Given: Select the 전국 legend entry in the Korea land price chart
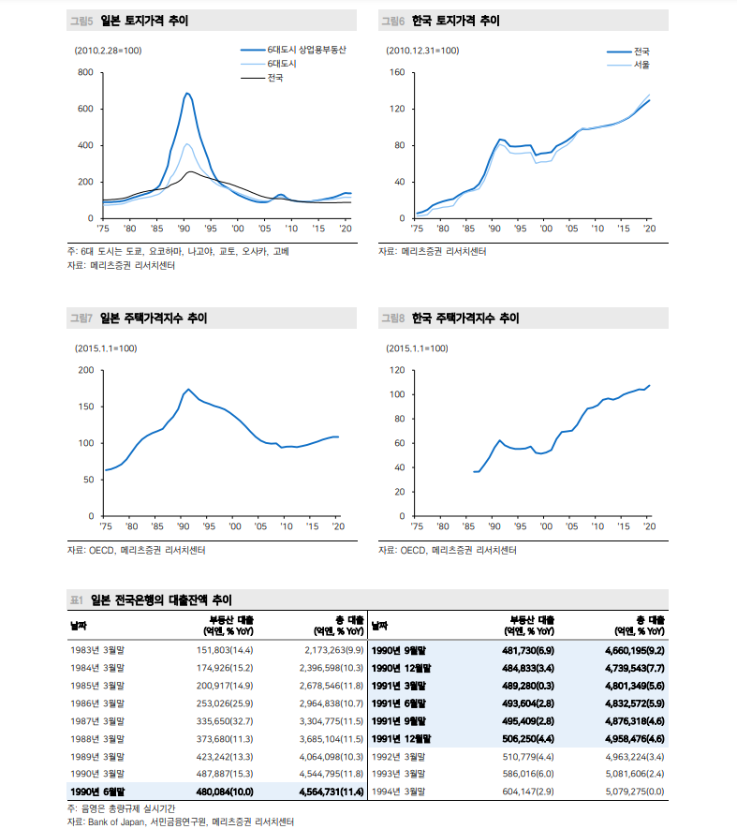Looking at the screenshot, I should click(641, 52).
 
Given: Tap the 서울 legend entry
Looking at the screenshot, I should click(641, 65).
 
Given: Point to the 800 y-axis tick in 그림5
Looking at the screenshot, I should click(84, 72).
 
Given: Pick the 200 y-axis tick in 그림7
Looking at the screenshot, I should click(84, 370).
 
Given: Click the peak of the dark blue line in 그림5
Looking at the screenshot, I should click(187, 94).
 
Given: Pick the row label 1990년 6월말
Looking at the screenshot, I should click(96, 792).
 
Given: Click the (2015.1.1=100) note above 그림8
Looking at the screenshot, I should click(418, 348).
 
